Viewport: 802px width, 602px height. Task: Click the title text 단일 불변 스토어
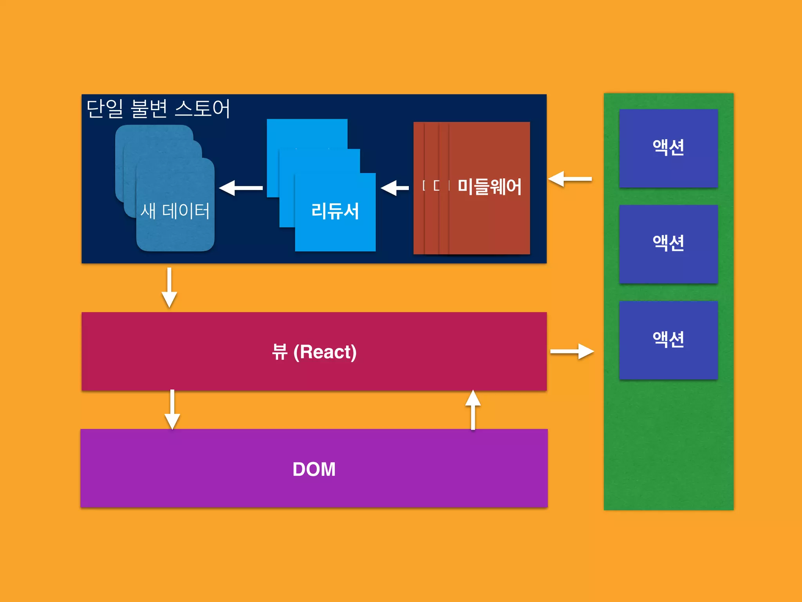click(158, 109)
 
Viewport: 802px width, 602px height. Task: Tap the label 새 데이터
click(175, 211)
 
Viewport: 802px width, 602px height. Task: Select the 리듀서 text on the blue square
click(335, 211)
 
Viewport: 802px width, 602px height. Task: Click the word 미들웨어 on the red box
click(490, 187)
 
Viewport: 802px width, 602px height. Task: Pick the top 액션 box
click(668, 148)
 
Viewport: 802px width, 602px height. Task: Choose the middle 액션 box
click(668, 244)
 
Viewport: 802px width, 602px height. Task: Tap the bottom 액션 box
click(668, 340)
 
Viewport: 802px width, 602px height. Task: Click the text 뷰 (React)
click(314, 352)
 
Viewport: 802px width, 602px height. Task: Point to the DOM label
click(314, 469)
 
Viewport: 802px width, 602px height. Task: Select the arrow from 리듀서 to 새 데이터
click(240, 188)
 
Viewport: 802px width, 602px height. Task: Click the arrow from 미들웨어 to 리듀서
click(394, 188)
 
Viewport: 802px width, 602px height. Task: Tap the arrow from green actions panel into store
click(570, 179)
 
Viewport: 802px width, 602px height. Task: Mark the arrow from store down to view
click(169, 287)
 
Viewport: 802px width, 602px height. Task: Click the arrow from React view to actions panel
click(572, 351)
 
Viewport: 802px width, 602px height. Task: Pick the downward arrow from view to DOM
click(172, 410)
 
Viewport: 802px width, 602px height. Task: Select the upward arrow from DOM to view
click(473, 410)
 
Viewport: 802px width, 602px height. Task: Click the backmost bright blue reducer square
click(307, 133)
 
